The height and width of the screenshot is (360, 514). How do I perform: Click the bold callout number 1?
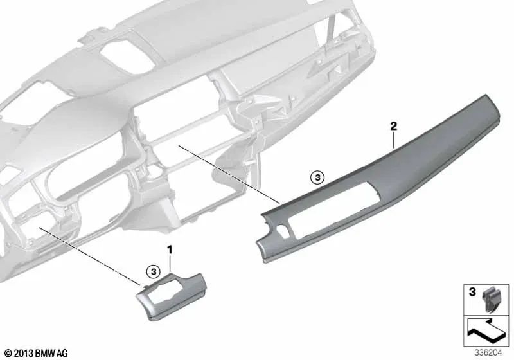coord(170,250)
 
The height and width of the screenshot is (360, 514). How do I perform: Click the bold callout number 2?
coord(393,126)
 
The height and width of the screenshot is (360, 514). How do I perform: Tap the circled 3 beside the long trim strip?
coord(317,177)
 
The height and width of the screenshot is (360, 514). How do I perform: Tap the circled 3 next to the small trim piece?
coord(153,271)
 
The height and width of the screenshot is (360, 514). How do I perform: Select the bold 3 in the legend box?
coord(472,291)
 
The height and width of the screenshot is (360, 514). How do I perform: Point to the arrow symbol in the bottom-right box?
coord(486,331)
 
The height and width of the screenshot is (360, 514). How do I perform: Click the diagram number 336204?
coord(488,353)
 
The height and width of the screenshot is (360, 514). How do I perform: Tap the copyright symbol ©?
coord(8,354)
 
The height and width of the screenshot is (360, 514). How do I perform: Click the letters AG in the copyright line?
coord(62,354)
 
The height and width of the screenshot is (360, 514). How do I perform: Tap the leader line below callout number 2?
coord(393,140)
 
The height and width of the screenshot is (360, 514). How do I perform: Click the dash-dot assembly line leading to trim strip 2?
coord(229,174)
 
